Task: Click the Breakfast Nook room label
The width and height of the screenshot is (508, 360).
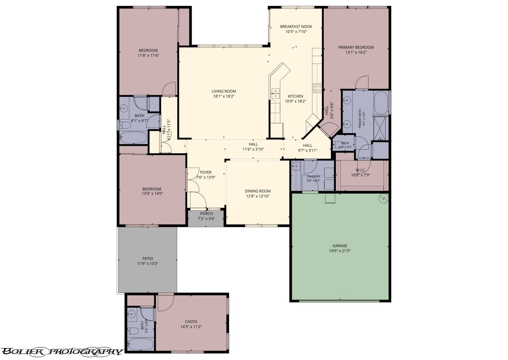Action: point(296,27)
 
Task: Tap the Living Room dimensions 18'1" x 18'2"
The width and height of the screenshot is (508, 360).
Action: point(224,96)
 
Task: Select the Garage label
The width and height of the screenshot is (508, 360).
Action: point(340,246)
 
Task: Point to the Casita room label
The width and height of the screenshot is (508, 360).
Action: point(191,322)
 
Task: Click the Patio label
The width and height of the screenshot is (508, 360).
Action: point(148,258)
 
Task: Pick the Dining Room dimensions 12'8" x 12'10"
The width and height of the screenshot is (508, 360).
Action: point(257,196)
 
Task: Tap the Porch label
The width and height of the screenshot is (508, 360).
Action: point(206,214)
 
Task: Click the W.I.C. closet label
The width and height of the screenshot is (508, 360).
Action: point(360,170)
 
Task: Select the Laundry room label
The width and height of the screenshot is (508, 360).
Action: point(314,176)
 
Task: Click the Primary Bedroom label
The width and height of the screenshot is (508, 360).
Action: point(356,47)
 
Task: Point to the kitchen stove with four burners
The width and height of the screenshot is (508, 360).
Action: point(317,88)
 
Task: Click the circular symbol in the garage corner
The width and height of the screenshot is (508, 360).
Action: point(384,198)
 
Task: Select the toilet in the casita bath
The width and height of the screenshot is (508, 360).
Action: point(133,331)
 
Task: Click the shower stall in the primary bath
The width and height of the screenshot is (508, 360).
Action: point(381,128)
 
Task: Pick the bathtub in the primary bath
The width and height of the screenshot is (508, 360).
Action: point(381,103)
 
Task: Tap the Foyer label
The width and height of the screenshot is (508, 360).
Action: point(206,172)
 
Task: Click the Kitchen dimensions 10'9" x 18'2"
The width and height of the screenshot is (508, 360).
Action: point(296,101)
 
